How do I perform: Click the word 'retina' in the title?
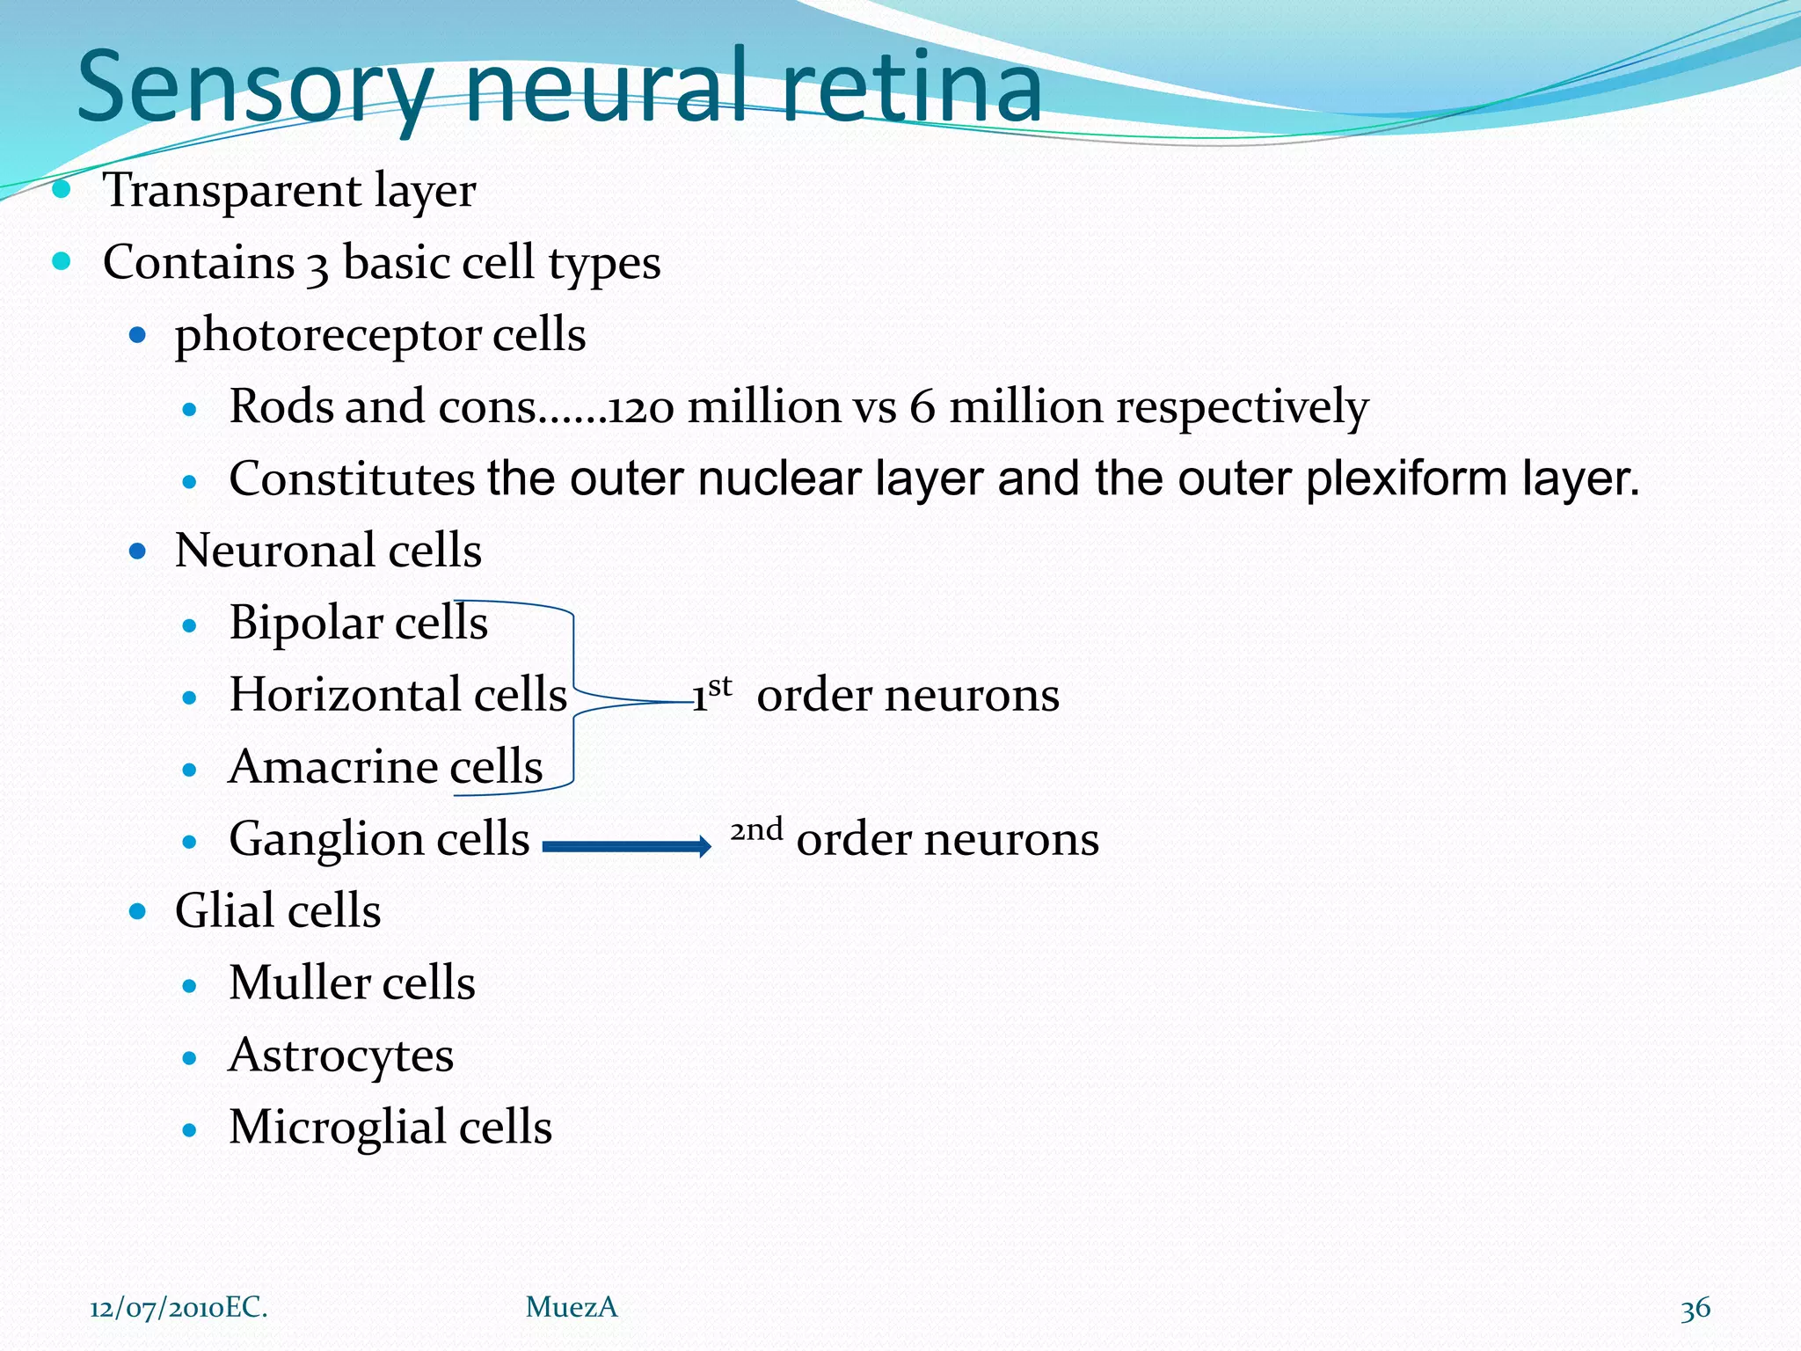point(910,88)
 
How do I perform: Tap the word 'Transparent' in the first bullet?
point(231,190)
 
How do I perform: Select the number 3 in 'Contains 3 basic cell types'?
point(317,266)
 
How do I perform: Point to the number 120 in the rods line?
point(642,408)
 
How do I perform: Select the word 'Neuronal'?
point(274,551)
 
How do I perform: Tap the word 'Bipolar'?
point(305,624)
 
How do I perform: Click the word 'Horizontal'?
point(345,695)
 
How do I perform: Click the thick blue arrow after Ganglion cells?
point(626,846)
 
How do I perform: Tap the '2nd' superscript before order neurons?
point(756,829)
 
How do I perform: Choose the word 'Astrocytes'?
point(341,1055)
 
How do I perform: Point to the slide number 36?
point(1695,1309)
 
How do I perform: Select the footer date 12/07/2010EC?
point(179,1308)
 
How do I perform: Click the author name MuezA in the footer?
point(572,1308)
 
